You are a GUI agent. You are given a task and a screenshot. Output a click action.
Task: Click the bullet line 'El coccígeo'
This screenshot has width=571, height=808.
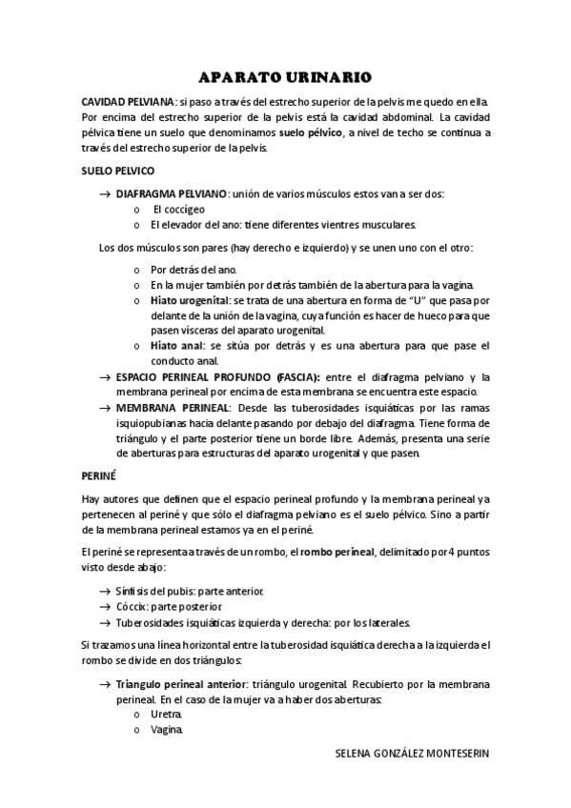179,209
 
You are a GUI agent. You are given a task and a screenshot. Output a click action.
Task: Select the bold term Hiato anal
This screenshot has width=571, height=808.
174,345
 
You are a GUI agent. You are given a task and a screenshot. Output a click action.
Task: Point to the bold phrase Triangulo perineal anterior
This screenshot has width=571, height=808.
181,683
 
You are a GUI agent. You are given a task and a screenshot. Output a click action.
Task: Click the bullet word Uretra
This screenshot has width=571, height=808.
166,714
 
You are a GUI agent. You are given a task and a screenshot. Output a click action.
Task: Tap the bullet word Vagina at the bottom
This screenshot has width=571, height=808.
167,730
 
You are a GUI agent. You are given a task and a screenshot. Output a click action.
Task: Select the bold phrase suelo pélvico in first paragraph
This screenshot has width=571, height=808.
311,133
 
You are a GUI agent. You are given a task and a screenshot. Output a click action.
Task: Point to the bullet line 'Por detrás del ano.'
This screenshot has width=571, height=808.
189,269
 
